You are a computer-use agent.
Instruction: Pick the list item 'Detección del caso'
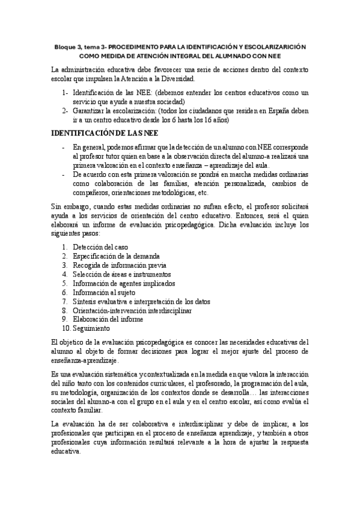(100, 247)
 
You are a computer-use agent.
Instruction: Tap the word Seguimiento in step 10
(91, 329)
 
